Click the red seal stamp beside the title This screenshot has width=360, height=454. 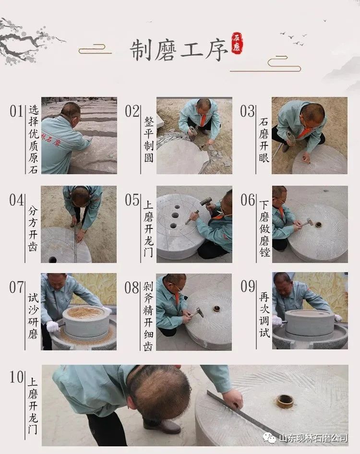[x=237, y=43]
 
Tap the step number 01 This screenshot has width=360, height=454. [x=16, y=111]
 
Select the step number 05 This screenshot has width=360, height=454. [x=132, y=200]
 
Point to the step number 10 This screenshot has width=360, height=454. [x=16, y=377]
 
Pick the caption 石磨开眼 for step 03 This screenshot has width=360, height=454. [x=264, y=140]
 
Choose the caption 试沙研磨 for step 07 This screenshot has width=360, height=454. [x=33, y=316]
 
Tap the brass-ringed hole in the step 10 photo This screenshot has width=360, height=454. [x=285, y=401]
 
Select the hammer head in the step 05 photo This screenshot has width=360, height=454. [x=206, y=201]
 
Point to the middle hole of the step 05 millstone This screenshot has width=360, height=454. [x=175, y=215]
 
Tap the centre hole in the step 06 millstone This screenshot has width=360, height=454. [x=318, y=224]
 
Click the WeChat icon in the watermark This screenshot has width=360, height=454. [x=270, y=438]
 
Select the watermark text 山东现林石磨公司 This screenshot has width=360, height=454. [x=313, y=438]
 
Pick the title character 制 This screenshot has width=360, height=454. [x=141, y=50]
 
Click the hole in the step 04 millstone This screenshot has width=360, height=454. [x=52, y=259]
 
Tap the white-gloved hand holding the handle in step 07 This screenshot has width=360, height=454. [x=53, y=326]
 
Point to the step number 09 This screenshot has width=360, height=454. [x=248, y=287]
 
